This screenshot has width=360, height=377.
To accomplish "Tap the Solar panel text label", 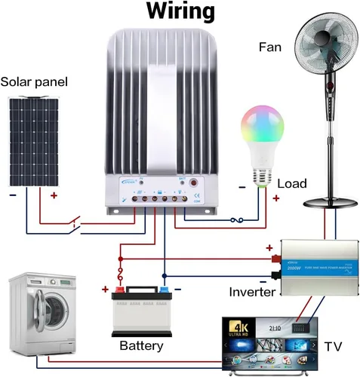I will click(35, 81).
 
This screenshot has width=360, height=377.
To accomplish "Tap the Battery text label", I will click(141, 346).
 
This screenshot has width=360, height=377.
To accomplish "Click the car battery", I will click(142, 310).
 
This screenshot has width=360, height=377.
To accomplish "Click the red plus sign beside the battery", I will click(104, 289).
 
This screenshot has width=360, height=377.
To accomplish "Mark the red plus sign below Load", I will click(276, 198).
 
